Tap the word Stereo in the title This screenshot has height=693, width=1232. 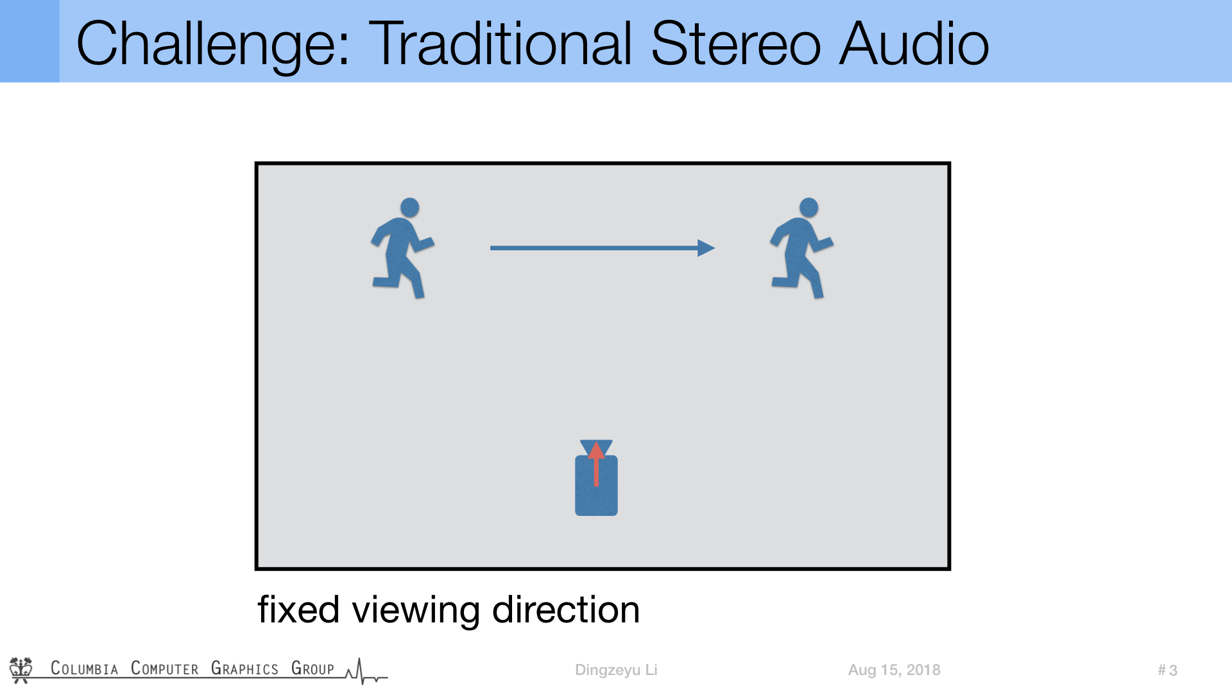(735, 43)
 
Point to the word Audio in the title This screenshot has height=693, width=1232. (914, 43)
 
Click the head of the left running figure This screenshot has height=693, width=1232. (409, 207)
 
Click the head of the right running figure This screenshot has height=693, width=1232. (809, 207)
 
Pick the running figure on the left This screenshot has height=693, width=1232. (403, 248)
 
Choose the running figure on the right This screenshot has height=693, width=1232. (802, 248)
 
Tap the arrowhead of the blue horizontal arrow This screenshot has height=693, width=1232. (706, 248)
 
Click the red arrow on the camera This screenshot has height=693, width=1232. (596, 463)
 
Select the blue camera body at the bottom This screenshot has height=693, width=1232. (596, 485)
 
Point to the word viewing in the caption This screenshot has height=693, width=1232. (416, 610)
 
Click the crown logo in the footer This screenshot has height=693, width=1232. (21, 670)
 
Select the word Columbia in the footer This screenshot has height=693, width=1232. (85, 668)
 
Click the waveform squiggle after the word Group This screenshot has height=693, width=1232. (366, 671)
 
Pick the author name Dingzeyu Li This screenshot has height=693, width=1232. (616, 670)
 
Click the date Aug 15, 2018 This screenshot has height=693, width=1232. (894, 670)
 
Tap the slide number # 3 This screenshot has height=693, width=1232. (1167, 670)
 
